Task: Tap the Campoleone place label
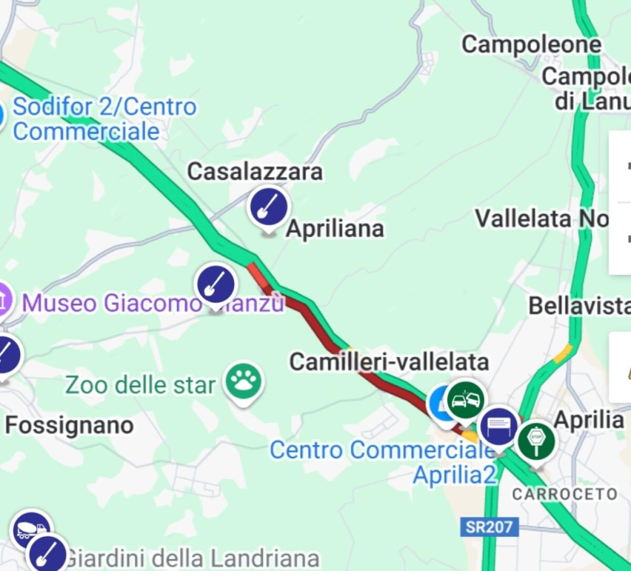coord(531,45)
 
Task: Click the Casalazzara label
coord(255,172)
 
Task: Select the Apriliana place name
coord(335,229)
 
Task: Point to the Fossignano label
coord(69,425)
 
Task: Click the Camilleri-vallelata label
coord(389,362)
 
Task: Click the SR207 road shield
coord(488,526)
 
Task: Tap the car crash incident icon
coord(466,401)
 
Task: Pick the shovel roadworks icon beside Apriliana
coord(269,206)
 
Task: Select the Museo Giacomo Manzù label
coord(152,303)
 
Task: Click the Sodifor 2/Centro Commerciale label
coord(104,119)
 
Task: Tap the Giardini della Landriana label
coord(192,558)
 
